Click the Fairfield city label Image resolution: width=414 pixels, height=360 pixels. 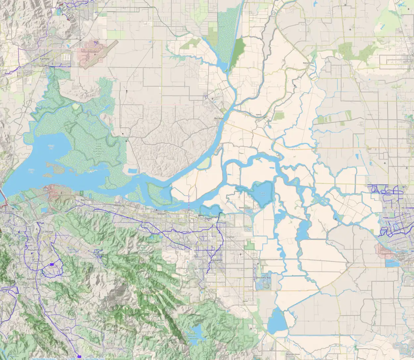click(x=44, y=59)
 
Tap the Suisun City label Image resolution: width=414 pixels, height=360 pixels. click(x=44, y=66)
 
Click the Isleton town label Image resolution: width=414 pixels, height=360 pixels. click(x=259, y=114)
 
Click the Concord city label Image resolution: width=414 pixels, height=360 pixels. click(x=48, y=232)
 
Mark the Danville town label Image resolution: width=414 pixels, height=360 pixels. click(x=65, y=330)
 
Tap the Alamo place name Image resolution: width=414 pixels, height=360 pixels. click(x=48, y=312)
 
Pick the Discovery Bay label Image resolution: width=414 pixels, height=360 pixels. click(x=263, y=278)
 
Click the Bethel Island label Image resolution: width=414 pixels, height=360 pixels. click(x=244, y=207)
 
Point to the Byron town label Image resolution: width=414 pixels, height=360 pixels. click(x=245, y=301)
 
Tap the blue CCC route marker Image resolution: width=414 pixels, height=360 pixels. click(x=51, y=264)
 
